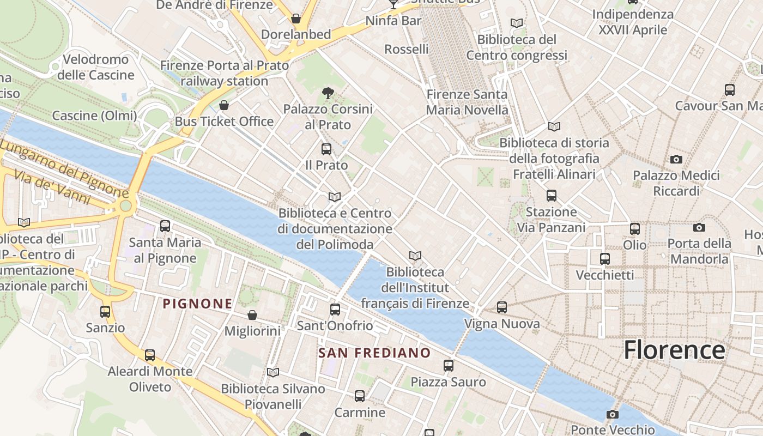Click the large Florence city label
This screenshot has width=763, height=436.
(x=674, y=349)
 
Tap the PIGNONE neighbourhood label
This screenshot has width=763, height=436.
(x=197, y=304)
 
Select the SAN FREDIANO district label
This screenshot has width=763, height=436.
(x=374, y=353)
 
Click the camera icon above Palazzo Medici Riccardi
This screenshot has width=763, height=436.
(x=676, y=159)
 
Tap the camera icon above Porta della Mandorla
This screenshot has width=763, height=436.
(x=699, y=227)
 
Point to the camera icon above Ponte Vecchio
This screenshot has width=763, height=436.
(x=613, y=414)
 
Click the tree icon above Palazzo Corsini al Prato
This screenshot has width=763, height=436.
(x=328, y=93)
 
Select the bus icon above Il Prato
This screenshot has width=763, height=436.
(x=326, y=149)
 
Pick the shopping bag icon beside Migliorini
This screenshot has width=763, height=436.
(x=252, y=315)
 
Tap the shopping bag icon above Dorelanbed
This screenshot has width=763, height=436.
(x=296, y=19)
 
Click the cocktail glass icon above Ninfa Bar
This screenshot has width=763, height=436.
(x=393, y=5)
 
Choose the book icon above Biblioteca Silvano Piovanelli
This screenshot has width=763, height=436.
(x=273, y=372)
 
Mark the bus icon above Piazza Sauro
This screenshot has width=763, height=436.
(x=449, y=365)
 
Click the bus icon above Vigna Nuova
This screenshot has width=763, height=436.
(x=502, y=307)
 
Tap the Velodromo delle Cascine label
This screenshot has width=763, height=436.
(x=96, y=67)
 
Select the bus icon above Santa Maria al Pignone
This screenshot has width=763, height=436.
(x=165, y=226)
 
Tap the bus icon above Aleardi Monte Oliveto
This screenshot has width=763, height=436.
(x=150, y=355)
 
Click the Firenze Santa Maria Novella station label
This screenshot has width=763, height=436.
(x=467, y=102)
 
